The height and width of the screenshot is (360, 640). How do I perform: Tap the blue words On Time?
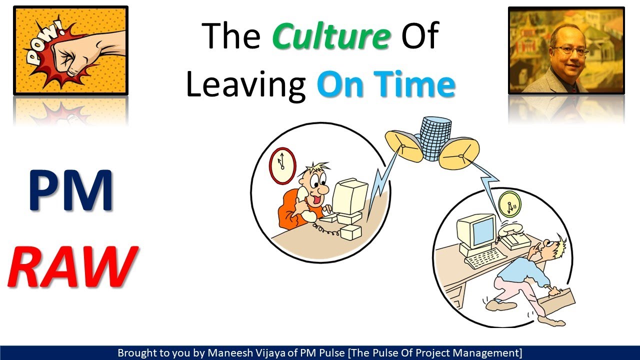385,85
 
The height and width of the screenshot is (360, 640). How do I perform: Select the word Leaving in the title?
245,85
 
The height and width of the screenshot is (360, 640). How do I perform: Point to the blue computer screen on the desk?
482,230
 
